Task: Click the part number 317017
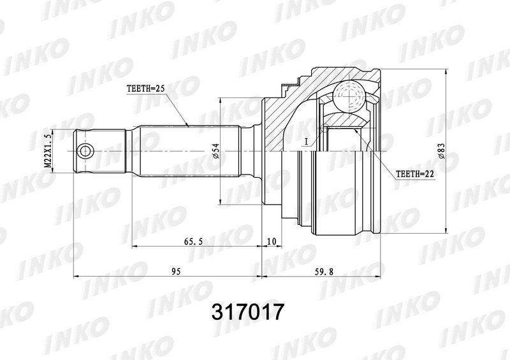(x=248, y=312)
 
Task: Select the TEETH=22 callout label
(x=415, y=175)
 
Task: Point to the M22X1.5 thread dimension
(x=48, y=151)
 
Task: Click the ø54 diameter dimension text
(x=216, y=151)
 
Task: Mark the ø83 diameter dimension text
(x=441, y=151)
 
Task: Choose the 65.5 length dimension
(x=193, y=241)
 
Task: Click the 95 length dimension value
(x=176, y=271)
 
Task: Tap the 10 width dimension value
(x=272, y=241)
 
